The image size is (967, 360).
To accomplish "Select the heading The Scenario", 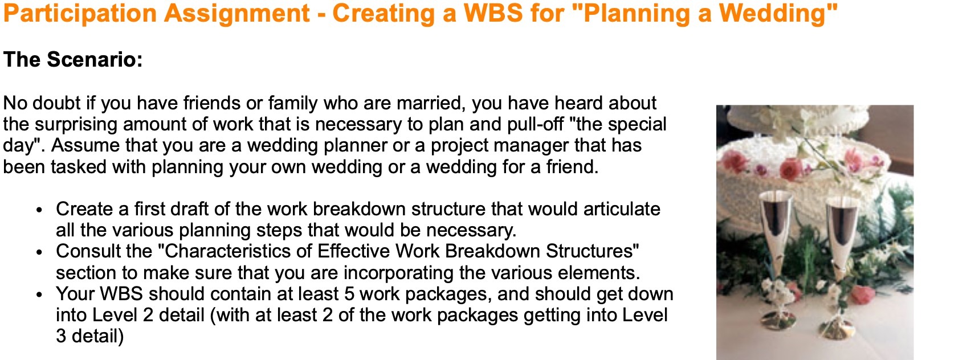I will click(x=73, y=59).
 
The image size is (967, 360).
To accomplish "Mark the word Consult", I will click(x=88, y=251).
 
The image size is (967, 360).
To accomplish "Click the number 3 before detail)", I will click(x=61, y=336).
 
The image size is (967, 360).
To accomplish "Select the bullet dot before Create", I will click(x=39, y=210).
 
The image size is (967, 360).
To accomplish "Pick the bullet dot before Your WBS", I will click(x=39, y=294).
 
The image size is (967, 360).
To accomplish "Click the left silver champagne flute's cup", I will click(x=777, y=219).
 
